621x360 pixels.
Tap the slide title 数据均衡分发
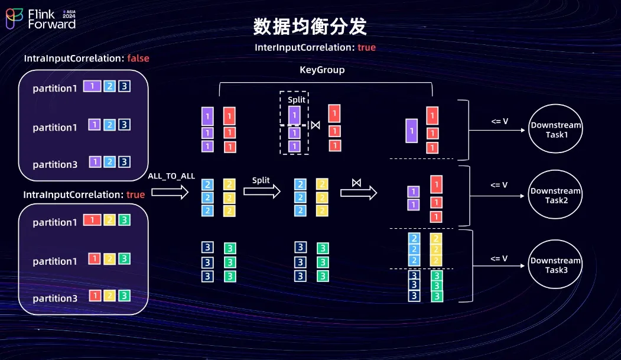pos(310,27)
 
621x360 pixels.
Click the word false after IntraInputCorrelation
pos(138,59)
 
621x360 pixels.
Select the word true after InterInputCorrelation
pos(366,47)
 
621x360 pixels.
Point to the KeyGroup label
pos(322,70)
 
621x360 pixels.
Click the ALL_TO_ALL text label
pos(171,177)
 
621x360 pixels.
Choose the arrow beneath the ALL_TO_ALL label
pos(170,192)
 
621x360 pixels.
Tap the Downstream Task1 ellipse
pos(555,130)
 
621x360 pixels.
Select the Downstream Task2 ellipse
pos(555,196)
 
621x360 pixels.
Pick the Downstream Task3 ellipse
pos(555,265)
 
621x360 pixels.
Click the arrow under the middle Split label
pos(262,192)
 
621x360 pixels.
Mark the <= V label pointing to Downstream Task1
pos(499,121)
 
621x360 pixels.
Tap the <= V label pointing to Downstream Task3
pos(499,258)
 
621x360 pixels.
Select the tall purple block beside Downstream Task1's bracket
pos(412,130)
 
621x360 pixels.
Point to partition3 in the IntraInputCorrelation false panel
pos(55,164)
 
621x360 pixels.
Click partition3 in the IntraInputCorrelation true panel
pos(55,299)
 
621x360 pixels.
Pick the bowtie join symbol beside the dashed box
pos(316,125)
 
